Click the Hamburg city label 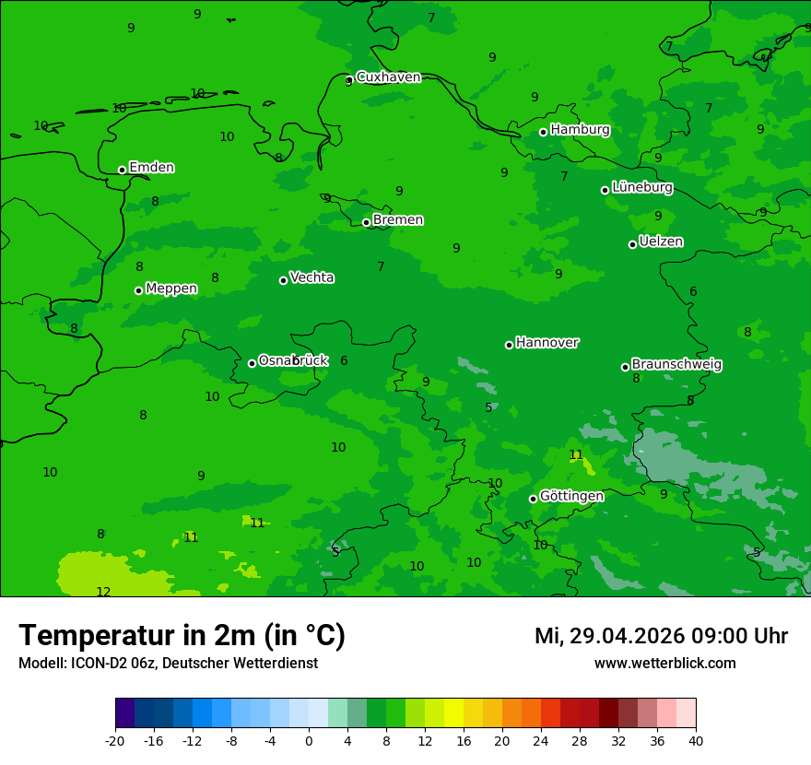580,130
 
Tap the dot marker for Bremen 366,222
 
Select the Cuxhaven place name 388,77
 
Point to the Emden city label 151,168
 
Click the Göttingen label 571,497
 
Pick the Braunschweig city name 676,365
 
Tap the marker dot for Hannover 509,345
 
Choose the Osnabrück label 292,361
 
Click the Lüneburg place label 641,188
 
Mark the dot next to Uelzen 632,244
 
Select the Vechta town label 311,278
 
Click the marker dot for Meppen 138,290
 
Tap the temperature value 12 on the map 103,592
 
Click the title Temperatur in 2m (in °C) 182,636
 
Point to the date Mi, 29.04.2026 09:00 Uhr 661,636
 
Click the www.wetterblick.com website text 664,664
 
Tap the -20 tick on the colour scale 115,740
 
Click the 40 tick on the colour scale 696,740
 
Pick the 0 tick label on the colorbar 309,740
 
